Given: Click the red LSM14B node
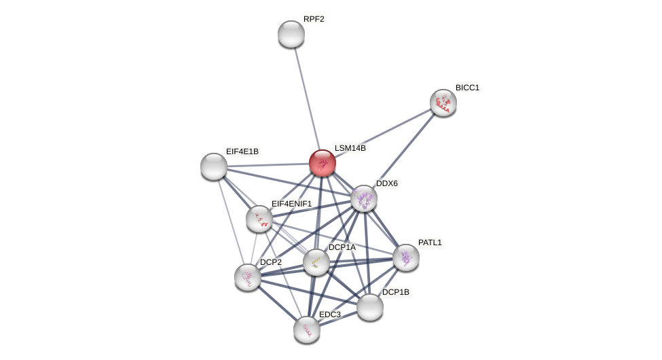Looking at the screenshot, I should point(322,163).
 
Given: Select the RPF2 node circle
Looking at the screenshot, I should point(291,34).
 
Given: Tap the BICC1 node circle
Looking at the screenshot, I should point(443,103).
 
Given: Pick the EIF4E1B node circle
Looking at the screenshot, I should point(214,166).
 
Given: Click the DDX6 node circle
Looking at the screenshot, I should point(364,198).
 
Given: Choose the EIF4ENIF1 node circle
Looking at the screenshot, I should point(259,219).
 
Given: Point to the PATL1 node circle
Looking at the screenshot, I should point(406,257).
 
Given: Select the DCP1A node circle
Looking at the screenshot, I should point(316,262).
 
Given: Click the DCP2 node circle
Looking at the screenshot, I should point(248,277).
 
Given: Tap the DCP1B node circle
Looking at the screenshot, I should point(370,307).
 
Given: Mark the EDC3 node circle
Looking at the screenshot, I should point(307,329).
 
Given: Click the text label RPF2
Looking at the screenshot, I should point(314,19).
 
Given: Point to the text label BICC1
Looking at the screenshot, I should point(467,88).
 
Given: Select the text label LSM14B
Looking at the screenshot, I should point(350,148).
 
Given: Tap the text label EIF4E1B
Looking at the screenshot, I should point(242,151).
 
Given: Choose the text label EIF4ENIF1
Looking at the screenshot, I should point(291,204).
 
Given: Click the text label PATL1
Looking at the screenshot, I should point(430,242).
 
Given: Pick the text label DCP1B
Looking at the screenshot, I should point(396,292).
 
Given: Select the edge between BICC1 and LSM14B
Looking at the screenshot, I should point(384,132).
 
